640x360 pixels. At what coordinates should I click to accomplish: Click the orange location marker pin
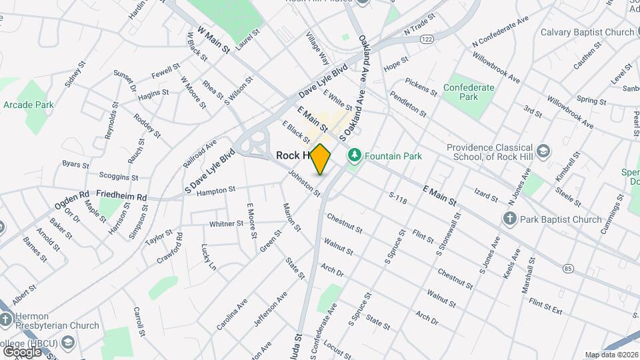pyautogui.click(x=321, y=159)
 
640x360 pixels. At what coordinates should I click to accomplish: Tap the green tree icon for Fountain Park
pyautogui.click(x=354, y=156)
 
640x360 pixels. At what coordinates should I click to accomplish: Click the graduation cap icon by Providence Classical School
pyautogui.click(x=544, y=150)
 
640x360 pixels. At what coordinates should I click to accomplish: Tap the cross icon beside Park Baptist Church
pyautogui.click(x=510, y=219)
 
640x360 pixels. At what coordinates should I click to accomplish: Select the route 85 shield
pyautogui.click(x=568, y=268)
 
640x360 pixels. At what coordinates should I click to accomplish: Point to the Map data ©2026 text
pyautogui.click(x=611, y=355)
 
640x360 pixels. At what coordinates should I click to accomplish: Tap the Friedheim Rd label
pyautogui.click(x=121, y=197)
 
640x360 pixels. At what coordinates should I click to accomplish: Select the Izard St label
pyautogui.click(x=485, y=197)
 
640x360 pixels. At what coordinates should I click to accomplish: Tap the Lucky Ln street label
pyautogui.click(x=208, y=257)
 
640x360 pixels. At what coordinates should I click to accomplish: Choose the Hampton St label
pyautogui.click(x=217, y=190)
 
